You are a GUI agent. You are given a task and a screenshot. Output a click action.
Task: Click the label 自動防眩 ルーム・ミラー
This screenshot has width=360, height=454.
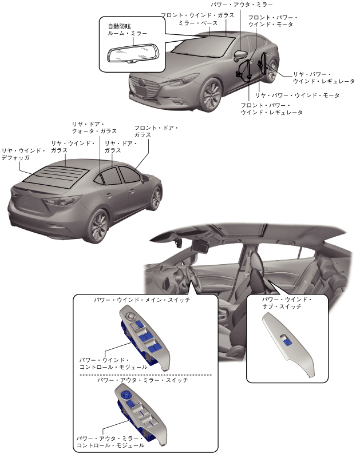[123, 30]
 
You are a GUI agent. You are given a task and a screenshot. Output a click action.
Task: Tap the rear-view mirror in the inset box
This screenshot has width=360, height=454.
[132, 55]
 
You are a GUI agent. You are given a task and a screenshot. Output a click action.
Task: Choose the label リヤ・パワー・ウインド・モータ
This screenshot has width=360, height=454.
[297, 95]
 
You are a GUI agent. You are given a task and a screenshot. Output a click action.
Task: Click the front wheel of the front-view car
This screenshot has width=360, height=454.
[211, 95]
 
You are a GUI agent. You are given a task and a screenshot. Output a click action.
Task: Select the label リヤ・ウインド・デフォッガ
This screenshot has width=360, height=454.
[23, 154]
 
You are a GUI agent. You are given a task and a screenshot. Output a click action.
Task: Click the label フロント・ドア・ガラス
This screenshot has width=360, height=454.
[156, 131]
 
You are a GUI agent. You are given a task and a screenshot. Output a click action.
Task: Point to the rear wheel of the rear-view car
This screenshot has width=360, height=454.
[99, 225]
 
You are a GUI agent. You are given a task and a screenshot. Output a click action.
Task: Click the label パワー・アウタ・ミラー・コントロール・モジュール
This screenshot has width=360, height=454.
[110, 441]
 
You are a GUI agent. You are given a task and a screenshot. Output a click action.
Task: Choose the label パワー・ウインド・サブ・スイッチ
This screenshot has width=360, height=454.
[285, 303]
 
